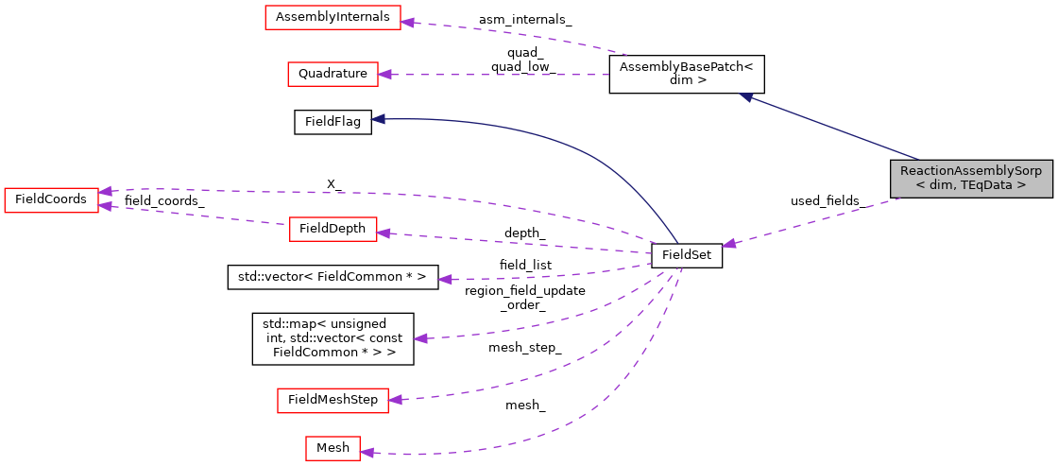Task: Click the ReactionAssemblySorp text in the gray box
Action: (970, 171)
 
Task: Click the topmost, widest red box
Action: (333, 17)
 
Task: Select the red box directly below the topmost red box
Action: (333, 74)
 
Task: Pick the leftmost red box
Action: (51, 199)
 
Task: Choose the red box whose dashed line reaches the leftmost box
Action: (333, 229)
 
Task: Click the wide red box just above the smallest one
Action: (333, 401)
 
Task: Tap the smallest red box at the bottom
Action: (333, 448)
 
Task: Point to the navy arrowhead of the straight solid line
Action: (745, 96)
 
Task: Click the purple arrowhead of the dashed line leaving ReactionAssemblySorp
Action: (728, 244)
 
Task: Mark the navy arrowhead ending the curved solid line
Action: (378, 119)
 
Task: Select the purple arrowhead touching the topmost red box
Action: (407, 22)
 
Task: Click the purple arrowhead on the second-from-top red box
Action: (384, 74)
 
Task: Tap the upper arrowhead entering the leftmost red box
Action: (106, 191)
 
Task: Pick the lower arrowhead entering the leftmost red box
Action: (106, 205)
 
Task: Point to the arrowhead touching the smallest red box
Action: (367, 453)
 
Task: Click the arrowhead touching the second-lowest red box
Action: (395, 401)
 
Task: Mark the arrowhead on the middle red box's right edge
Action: (384, 233)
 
